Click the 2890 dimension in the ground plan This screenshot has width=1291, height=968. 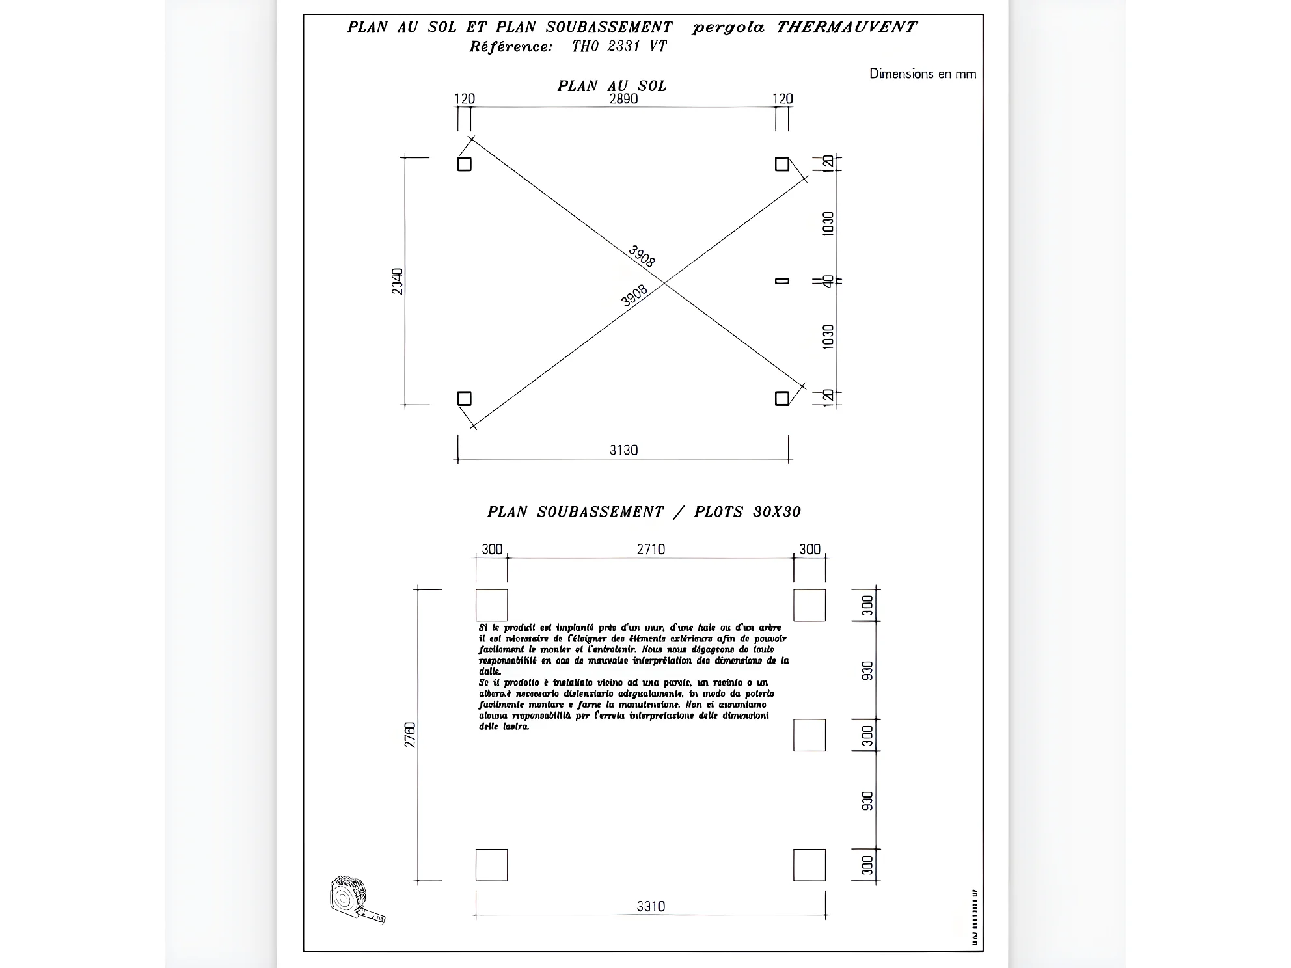pyautogui.click(x=623, y=99)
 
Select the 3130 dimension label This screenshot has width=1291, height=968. pyautogui.click(x=623, y=450)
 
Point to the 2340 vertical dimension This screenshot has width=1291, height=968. pyautogui.click(x=398, y=281)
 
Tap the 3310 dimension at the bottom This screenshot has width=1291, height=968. pyautogui.click(x=651, y=906)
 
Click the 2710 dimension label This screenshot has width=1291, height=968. pyautogui.click(x=651, y=549)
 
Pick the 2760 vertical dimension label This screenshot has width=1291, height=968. pyautogui.click(x=410, y=734)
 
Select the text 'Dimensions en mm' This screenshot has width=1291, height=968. pyautogui.click(x=923, y=74)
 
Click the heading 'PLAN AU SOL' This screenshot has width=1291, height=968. pyautogui.click(x=612, y=86)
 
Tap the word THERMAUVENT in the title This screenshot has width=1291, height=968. pyautogui.click(x=846, y=27)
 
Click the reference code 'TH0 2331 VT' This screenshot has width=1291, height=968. pyautogui.click(x=619, y=46)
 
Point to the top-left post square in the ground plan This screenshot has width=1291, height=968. pyautogui.click(x=464, y=164)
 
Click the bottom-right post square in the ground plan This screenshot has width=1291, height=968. pyautogui.click(x=782, y=398)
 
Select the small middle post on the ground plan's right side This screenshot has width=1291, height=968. pyautogui.click(x=782, y=281)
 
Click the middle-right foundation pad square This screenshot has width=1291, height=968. pyautogui.click(x=809, y=735)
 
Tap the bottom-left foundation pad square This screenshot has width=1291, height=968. pyautogui.click(x=491, y=865)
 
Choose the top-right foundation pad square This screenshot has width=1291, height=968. pyautogui.click(x=809, y=605)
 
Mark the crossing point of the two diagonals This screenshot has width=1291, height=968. pyautogui.click(x=663, y=282)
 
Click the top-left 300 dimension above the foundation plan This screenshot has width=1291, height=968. pyautogui.click(x=492, y=549)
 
